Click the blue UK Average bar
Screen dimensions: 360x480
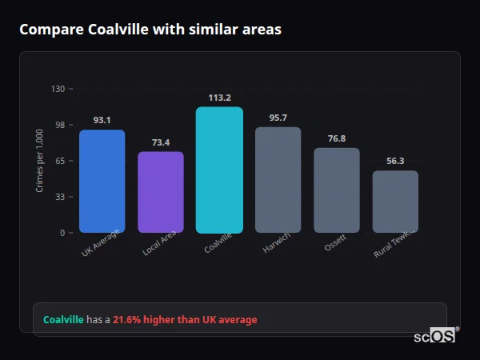point(102,182)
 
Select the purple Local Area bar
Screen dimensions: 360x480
point(161,192)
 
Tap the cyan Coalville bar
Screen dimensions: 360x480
point(219,170)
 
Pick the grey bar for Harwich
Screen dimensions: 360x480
point(278,180)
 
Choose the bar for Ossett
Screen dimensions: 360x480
point(337,190)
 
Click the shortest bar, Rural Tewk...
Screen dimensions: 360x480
point(395,202)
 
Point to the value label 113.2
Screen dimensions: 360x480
point(219,98)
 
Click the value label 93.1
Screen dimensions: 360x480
point(102,120)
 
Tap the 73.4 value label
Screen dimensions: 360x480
point(161,142)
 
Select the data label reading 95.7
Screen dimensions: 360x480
point(278,118)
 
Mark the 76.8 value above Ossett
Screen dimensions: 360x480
point(337,138)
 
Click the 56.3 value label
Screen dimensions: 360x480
point(395,161)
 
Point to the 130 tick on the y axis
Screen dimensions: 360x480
point(58,89)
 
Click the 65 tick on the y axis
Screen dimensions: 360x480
point(60,161)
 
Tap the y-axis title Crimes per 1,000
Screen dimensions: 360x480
point(39,161)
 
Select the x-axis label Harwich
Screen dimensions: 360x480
point(277,243)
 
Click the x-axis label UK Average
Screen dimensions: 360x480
point(100,243)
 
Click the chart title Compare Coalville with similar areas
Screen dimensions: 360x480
point(150,30)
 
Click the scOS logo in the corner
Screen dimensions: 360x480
point(435,336)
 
